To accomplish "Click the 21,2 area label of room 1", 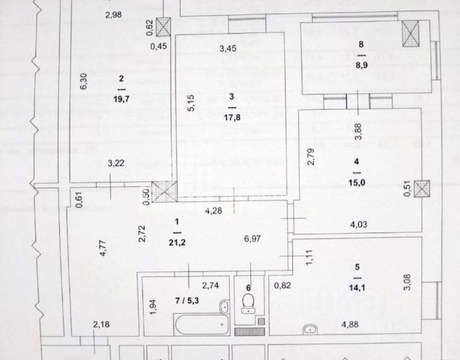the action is point(177,241).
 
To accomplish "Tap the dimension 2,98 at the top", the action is point(114,15).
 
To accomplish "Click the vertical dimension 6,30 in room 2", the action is point(84,80).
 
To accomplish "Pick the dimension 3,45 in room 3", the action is point(228,49).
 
